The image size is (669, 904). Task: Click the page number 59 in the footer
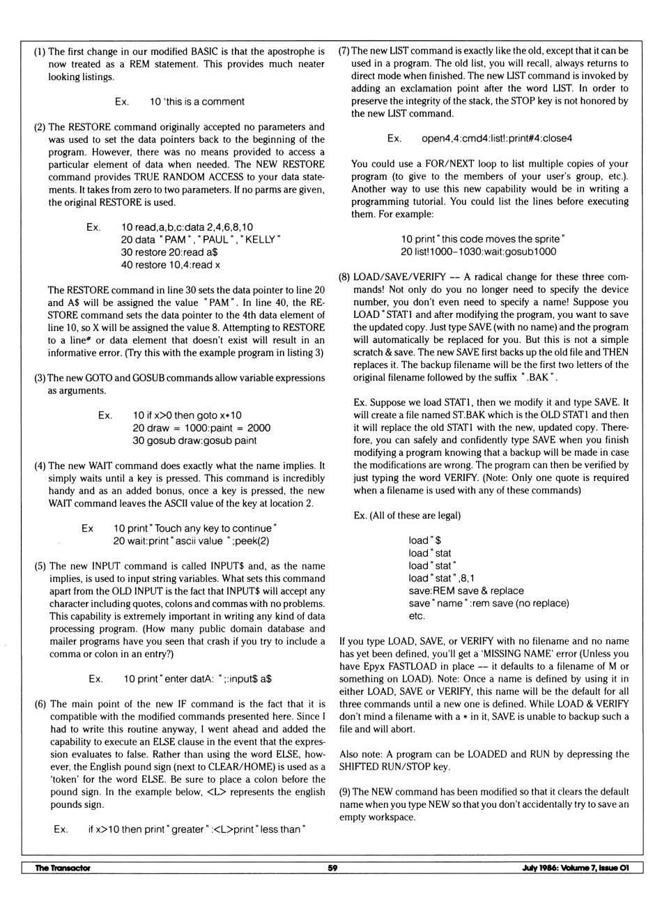[332, 868]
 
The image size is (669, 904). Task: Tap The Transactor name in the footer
[63, 868]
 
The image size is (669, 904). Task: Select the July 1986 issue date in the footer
[575, 868]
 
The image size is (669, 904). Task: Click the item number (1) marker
[40, 52]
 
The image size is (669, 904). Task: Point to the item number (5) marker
[40, 566]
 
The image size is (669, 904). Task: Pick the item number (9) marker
[345, 792]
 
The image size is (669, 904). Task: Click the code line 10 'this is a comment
[197, 102]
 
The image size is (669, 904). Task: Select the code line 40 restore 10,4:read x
[170, 265]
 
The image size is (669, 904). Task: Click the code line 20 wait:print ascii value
[191, 541]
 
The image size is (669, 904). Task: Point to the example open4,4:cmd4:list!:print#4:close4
[496, 139]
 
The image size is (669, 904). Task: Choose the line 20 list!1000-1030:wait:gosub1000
[478, 252]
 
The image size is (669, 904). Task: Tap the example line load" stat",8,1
[441, 578]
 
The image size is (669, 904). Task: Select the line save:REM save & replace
[466, 590]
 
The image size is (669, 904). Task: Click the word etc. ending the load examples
[417, 615]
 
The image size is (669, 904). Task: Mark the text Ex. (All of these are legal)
[406, 516]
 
